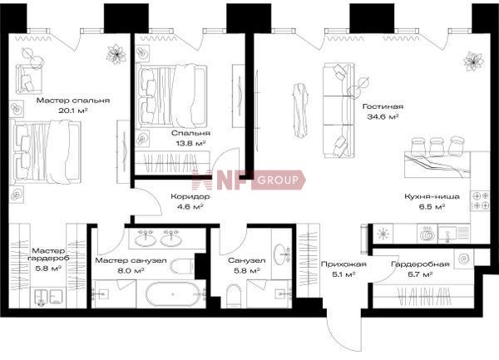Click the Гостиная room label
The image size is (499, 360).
pyautogui.click(x=383, y=106)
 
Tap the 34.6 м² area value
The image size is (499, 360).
pyautogui.click(x=383, y=116)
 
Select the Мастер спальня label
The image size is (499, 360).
pyautogui.click(x=73, y=101)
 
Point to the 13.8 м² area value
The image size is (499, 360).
pyautogui.click(x=190, y=143)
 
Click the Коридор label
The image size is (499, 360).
pyautogui.click(x=190, y=196)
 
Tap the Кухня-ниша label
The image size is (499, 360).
pyautogui.click(x=432, y=196)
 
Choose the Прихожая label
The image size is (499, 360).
pyautogui.click(x=343, y=264)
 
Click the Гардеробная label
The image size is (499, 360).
pyautogui.click(x=420, y=264)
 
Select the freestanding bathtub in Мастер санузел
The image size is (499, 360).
pyautogui.click(x=173, y=294)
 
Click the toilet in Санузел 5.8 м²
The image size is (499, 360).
pyautogui.click(x=234, y=296)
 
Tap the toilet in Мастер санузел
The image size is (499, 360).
pyautogui.click(x=182, y=266)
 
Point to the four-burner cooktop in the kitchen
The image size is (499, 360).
pyautogui.click(x=480, y=201)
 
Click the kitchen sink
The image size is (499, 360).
pyautogui.click(x=448, y=234)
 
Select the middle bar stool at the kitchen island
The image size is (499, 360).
pyautogui.click(x=437, y=146)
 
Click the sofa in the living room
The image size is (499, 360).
pyautogui.click(x=339, y=110)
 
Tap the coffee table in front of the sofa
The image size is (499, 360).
pyautogui.click(x=300, y=110)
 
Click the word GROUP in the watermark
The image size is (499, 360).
pyautogui.click(x=278, y=180)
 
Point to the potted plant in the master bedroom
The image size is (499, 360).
pyautogui.click(x=116, y=54)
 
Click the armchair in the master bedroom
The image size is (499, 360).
pyautogui.click(x=29, y=78)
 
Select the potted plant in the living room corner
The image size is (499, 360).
pyautogui.click(x=473, y=61)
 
